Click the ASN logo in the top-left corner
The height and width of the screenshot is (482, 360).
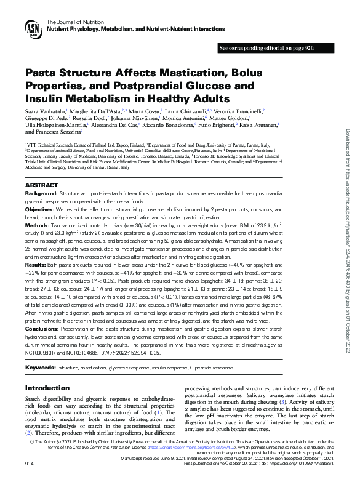click(x=33, y=28)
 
